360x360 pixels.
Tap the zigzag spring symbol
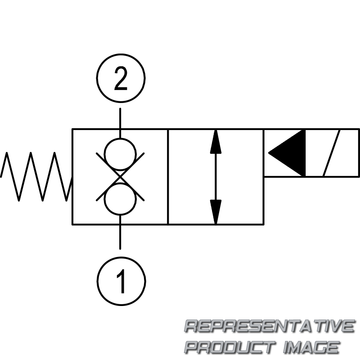pyautogui.click(x=36, y=176)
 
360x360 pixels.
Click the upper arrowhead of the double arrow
pyautogui.click(x=216, y=142)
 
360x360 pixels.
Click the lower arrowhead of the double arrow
pyautogui.click(x=216, y=211)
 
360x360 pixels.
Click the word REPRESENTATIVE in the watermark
pyautogui.click(x=270, y=326)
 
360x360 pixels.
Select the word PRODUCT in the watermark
pyautogui.click(x=230, y=347)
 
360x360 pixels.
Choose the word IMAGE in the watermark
pyautogui.click(x=311, y=347)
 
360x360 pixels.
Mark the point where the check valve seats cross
pyautogui.click(x=120, y=176)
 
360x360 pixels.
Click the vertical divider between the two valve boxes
pyautogui.click(x=168, y=176)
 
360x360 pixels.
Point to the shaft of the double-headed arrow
pyautogui.click(x=216, y=176)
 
